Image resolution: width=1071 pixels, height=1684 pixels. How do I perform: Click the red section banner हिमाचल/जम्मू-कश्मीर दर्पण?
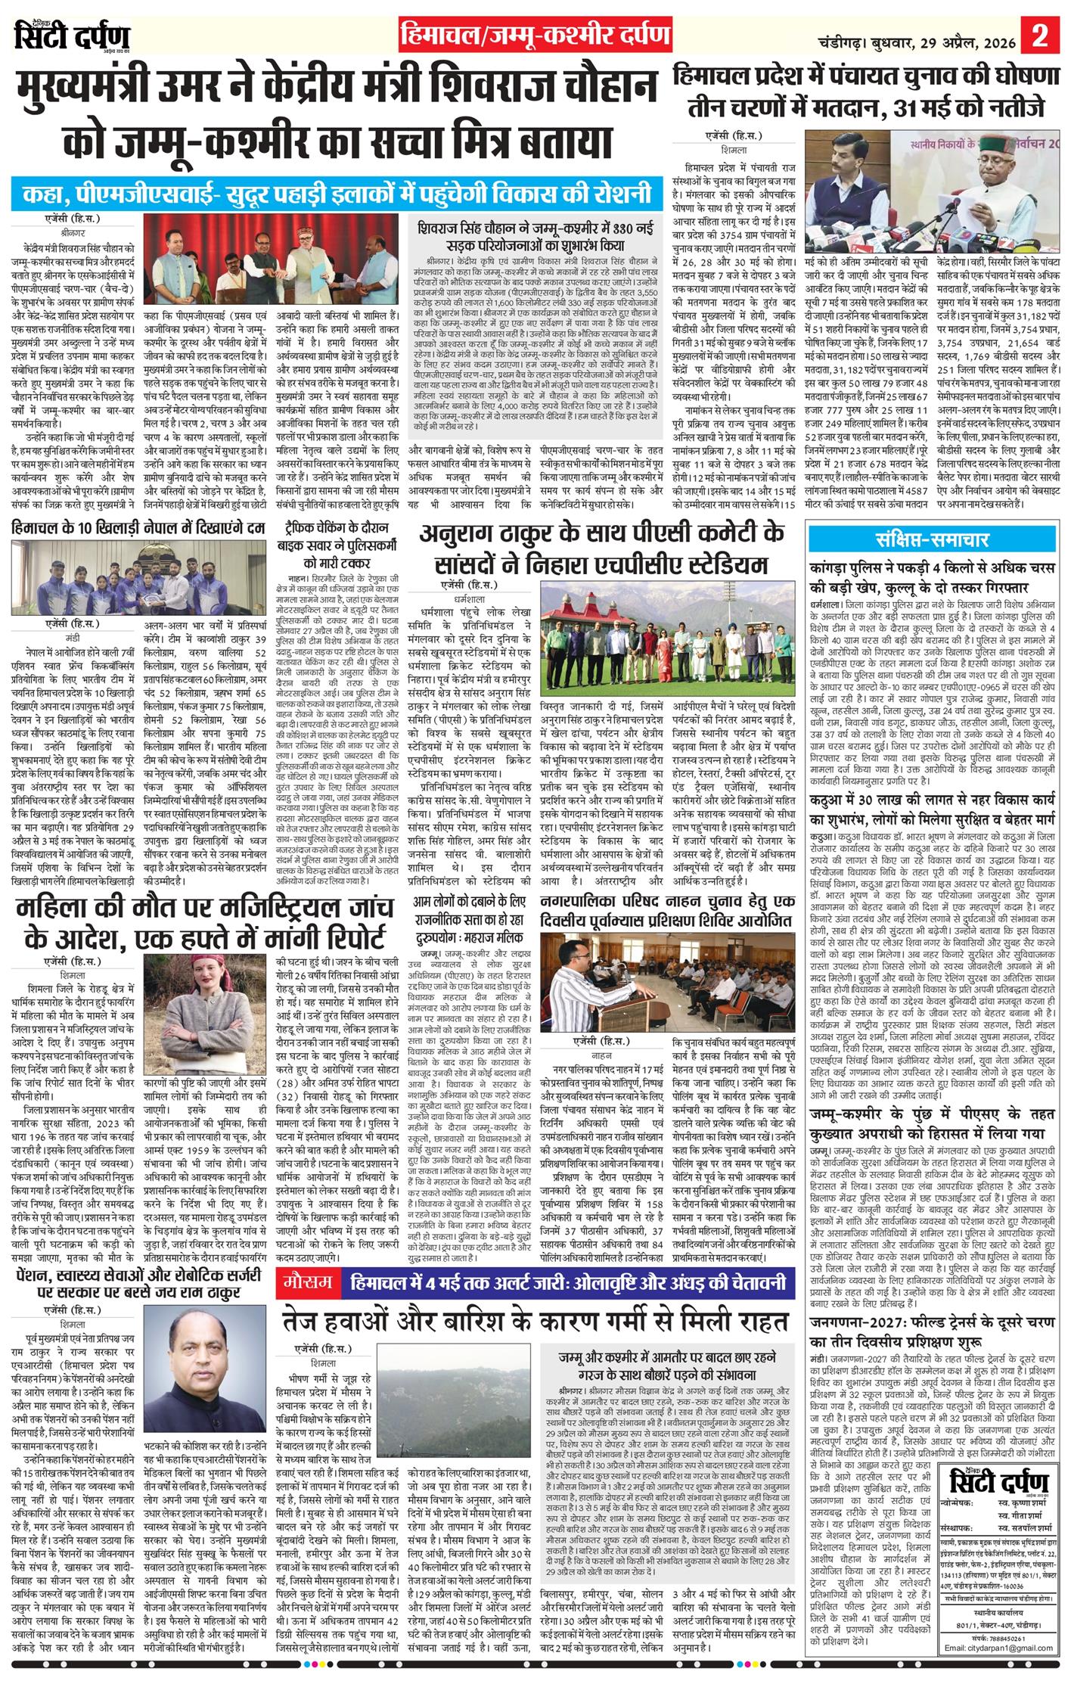pyautogui.click(x=535, y=36)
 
